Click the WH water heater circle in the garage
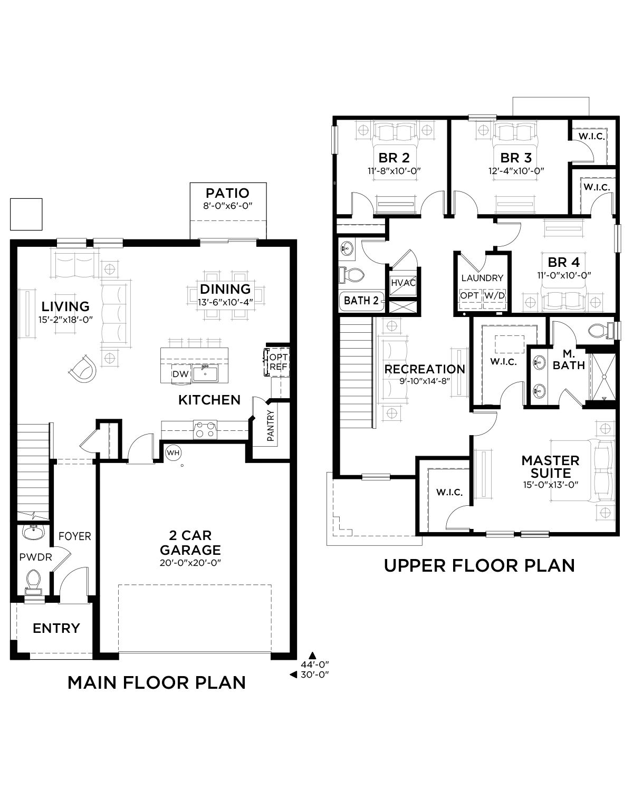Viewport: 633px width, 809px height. pyautogui.click(x=173, y=452)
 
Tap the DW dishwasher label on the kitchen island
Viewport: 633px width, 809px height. pyautogui.click(x=180, y=374)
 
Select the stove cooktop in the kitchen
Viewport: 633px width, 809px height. pyautogui.click(x=205, y=429)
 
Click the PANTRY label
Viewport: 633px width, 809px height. pyautogui.click(x=271, y=426)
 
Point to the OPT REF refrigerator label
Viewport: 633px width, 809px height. pyautogui.click(x=279, y=362)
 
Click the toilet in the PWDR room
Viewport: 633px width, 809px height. pyautogui.click(x=34, y=582)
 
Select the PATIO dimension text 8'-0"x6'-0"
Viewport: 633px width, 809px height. pyautogui.click(x=228, y=206)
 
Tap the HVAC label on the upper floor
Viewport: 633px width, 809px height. pyautogui.click(x=403, y=283)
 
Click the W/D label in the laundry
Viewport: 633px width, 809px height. pyautogui.click(x=495, y=296)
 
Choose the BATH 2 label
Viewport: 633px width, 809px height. pyautogui.click(x=361, y=301)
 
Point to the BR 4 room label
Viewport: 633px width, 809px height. pyautogui.click(x=564, y=262)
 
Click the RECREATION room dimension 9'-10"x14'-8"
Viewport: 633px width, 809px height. pyautogui.click(x=425, y=381)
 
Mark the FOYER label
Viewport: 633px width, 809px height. pyautogui.click(x=75, y=536)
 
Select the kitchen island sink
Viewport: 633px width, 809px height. pyautogui.click(x=205, y=373)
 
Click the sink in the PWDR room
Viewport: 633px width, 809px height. pyautogui.click(x=33, y=533)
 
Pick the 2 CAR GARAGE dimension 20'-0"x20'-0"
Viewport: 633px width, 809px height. pyautogui.click(x=190, y=563)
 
